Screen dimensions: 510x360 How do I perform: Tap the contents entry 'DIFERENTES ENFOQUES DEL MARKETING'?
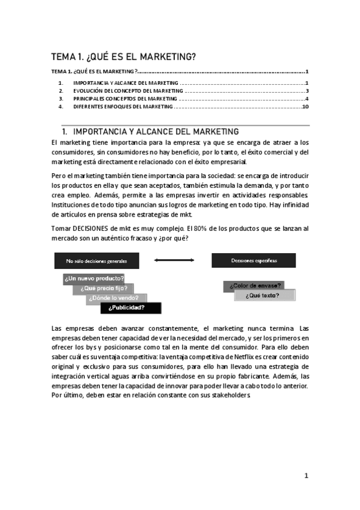coord(123,106)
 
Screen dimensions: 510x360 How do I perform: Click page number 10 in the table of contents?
coord(305,106)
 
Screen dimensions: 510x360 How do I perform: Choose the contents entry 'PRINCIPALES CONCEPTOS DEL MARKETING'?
coord(125,99)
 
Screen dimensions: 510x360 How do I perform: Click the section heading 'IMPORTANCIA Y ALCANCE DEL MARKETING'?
coord(155,131)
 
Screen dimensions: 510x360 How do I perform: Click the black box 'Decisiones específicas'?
coord(253,260)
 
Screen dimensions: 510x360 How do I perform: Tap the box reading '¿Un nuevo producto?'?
coord(94,278)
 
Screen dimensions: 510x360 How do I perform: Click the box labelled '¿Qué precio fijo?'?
coord(103,288)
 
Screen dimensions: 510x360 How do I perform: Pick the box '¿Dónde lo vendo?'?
coord(117,298)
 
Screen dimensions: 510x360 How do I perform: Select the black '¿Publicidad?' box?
coord(130,307)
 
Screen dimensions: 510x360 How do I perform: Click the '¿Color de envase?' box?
coord(253,286)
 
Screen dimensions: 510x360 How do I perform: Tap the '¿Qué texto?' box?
coord(264,295)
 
